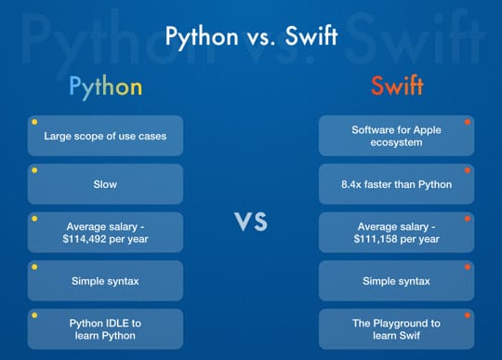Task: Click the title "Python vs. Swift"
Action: coord(250,36)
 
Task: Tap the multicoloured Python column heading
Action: coord(105,87)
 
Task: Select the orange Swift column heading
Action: coord(396,87)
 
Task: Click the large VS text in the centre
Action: coord(250,221)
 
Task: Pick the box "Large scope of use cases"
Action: coord(105,136)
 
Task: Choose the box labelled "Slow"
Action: coord(105,184)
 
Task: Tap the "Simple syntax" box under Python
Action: coord(105,281)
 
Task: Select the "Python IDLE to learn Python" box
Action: coord(105,329)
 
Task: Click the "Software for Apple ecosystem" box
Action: coord(396,136)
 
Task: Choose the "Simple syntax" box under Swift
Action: coord(396,281)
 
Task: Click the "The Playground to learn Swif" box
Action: coord(396,329)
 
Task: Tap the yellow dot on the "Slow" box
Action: coord(34,170)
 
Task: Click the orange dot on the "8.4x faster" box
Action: coord(468,170)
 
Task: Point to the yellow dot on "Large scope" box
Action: coord(34,122)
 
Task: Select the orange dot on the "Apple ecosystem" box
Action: coord(468,122)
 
